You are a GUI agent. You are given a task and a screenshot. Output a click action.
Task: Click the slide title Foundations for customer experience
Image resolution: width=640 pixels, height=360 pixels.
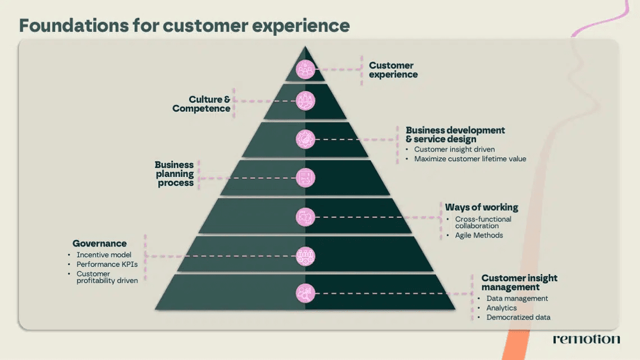[x=185, y=25]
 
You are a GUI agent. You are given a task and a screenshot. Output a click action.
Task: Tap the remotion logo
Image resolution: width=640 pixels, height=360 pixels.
[x=587, y=339]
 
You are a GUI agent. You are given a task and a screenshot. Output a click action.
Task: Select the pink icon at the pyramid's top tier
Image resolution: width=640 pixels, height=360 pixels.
[x=305, y=70]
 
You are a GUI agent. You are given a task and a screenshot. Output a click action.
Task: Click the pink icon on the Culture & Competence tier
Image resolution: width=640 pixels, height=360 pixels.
[x=305, y=101]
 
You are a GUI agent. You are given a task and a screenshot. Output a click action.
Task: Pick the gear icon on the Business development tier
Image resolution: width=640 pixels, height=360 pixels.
[x=305, y=139]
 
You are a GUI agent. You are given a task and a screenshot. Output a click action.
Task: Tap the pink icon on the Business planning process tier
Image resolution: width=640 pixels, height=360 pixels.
[x=305, y=178]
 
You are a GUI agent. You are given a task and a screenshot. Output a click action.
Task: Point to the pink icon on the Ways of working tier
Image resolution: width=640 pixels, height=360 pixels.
[x=305, y=217]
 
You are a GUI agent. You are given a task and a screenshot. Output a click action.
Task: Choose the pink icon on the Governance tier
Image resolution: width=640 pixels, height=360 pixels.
[x=305, y=256]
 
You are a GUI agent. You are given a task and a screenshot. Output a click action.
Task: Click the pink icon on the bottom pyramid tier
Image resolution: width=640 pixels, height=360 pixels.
[x=305, y=293]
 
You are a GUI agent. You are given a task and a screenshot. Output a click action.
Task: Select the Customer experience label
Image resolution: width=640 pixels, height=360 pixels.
[x=393, y=70]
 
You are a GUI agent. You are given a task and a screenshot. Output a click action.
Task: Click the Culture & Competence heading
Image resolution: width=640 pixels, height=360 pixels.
[x=201, y=104]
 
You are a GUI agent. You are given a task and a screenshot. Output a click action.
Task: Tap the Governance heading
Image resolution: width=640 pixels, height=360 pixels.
[x=99, y=243]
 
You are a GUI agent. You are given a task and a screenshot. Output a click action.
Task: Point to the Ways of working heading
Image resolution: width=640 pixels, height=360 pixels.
[x=482, y=207]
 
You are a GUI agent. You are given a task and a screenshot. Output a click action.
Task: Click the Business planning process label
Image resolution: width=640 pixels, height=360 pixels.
[x=174, y=174]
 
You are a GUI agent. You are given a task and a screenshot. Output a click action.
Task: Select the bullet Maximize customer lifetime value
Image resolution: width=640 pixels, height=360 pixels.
[x=470, y=159]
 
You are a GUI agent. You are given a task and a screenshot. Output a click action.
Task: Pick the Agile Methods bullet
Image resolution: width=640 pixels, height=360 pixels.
[x=479, y=235]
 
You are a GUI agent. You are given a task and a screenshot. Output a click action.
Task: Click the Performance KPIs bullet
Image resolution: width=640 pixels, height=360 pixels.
[x=107, y=264]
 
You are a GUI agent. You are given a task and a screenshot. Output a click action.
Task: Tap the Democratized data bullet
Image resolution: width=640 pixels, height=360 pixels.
[x=518, y=317]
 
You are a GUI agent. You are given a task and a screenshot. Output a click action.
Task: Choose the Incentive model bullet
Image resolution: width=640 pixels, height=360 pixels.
[x=104, y=254]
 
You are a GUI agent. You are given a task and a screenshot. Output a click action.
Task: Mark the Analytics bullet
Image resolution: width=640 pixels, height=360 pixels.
[x=502, y=308]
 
